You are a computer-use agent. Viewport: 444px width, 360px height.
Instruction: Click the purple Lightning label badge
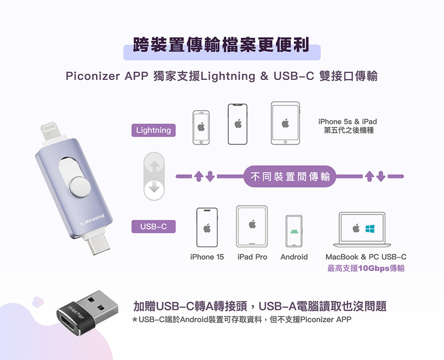tap(154, 130)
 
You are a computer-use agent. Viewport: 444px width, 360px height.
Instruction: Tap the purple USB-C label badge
tap(154, 226)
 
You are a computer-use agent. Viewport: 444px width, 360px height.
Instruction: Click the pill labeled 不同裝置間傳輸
tap(290, 177)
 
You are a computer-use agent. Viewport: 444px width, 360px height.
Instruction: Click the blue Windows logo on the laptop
tap(370, 228)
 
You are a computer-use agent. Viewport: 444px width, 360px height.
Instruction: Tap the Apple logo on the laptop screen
tap(356, 228)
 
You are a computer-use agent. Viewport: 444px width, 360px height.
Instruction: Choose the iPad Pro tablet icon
tap(252, 226)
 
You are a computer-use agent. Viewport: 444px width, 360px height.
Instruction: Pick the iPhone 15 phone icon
tap(207, 227)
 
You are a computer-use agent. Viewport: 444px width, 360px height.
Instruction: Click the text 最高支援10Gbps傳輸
tap(366, 269)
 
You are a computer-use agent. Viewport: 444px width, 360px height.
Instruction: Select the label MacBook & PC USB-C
tap(366, 257)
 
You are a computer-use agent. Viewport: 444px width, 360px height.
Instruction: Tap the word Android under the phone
tap(294, 257)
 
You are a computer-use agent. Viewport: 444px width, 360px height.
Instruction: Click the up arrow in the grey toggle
tap(154, 166)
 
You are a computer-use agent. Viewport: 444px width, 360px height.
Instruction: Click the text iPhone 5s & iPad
tap(348, 122)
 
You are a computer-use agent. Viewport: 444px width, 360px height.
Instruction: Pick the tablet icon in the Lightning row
tap(285, 123)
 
